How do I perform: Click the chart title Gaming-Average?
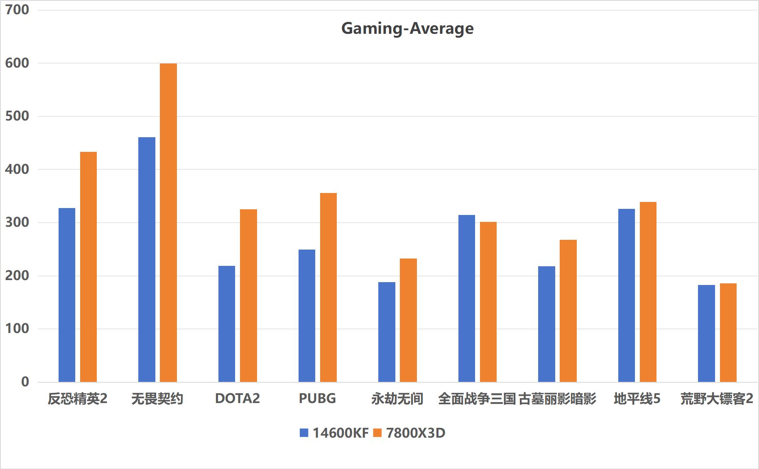click(x=407, y=28)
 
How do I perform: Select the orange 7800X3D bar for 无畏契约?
click(x=168, y=223)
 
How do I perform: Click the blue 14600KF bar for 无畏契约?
click(x=147, y=260)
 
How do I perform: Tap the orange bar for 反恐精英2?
click(x=88, y=267)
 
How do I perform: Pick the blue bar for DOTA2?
click(x=227, y=324)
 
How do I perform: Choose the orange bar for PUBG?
click(x=328, y=287)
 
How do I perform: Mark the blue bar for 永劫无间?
click(x=386, y=332)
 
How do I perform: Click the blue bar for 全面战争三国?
click(x=467, y=298)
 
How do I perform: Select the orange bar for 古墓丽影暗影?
click(x=568, y=311)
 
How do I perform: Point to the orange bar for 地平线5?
click(x=648, y=292)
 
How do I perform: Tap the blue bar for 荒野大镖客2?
click(x=706, y=333)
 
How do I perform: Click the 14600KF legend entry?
click(x=334, y=433)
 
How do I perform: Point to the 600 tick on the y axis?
click(x=17, y=63)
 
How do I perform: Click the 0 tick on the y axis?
click(x=25, y=382)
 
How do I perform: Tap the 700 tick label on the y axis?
click(x=17, y=10)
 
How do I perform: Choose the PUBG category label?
click(x=317, y=398)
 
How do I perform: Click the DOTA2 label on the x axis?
click(x=238, y=398)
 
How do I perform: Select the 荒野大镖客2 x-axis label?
click(x=717, y=399)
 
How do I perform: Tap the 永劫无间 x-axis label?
click(x=397, y=399)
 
